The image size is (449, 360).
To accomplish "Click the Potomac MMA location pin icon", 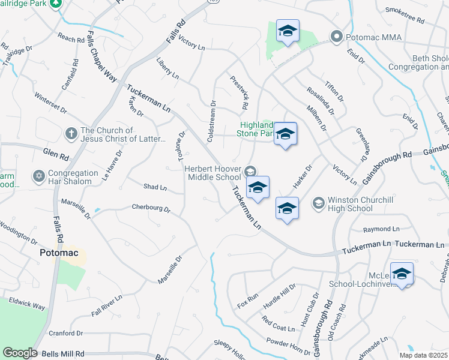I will pos(336,37).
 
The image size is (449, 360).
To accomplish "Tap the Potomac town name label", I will pos(59,253).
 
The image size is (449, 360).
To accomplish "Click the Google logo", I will pos(20,353).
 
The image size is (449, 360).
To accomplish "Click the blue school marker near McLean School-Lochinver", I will pos(402,274).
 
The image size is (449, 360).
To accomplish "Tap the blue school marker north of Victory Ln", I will pos(288,31).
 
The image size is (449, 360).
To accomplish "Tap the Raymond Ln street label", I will pos(382,229).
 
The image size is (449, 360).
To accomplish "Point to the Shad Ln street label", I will pos(155,187).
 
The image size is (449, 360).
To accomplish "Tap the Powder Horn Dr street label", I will pos(291,344).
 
